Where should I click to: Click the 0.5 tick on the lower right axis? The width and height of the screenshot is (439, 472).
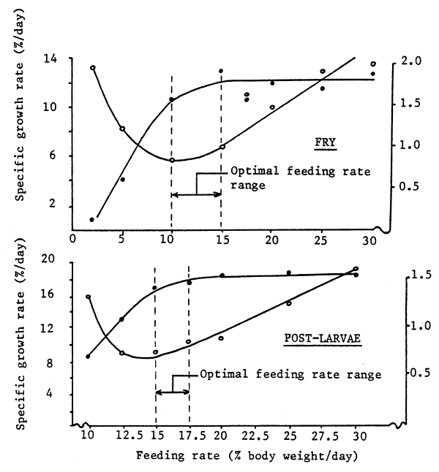[415, 373]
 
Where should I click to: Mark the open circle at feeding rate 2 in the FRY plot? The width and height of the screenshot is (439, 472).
[93, 68]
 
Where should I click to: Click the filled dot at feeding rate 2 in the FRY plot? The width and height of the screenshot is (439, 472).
[92, 219]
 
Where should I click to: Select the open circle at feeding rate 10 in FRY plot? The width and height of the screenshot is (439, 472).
[172, 160]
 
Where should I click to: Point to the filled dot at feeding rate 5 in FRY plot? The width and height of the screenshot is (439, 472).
[122, 179]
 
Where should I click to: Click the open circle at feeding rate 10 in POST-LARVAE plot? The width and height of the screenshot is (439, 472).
[88, 297]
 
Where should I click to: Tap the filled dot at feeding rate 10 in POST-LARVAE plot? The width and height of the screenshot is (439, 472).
[88, 357]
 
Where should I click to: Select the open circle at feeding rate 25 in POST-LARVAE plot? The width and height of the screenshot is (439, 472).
[289, 303]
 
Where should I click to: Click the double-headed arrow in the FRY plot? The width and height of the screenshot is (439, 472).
[196, 194]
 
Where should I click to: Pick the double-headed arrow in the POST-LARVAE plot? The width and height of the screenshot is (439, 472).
[173, 392]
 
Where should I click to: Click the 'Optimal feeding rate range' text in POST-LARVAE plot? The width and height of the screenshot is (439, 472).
[290, 375]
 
